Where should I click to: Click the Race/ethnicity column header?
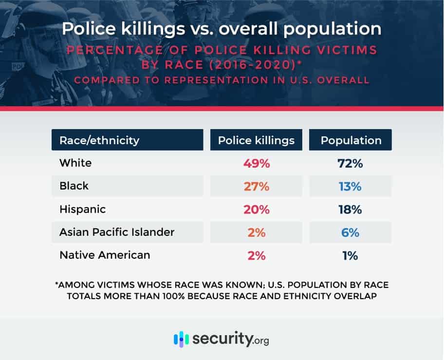click(x=99, y=140)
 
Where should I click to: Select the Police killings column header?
click(x=256, y=140)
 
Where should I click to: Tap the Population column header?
click(x=351, y=140)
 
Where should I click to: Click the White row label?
click(x=75, y=163)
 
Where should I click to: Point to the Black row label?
click(x=74, y=186)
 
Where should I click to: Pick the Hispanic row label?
click(x=82, y=209)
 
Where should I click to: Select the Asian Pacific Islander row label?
click(x=117, y=232)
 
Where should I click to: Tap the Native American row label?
click(x=105, y=255)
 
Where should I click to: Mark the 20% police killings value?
click(x=256, y=210)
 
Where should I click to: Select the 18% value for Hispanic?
click(x=351, y=210)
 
